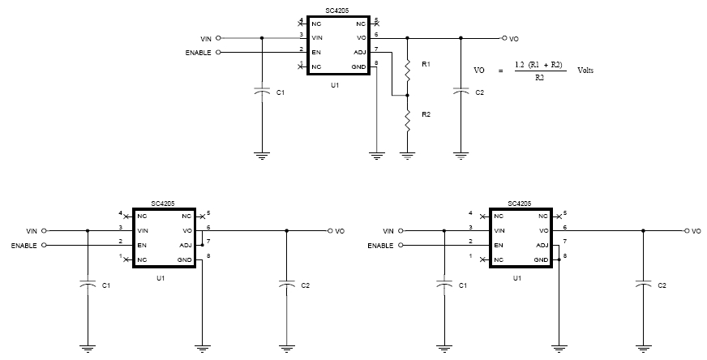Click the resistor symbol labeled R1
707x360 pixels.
point(408,70)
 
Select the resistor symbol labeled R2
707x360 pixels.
point(408,120)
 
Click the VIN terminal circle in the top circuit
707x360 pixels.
point(219,38)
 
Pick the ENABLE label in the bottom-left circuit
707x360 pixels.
point(24,246)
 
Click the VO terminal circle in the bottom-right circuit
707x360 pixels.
point(688,231)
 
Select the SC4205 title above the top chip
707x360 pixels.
point(336,11)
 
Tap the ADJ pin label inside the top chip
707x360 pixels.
point(360,53)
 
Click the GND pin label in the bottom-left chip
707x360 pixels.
point(185,259)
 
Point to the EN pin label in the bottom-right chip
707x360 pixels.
point(499,246)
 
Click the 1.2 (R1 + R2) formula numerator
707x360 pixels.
point(539,65)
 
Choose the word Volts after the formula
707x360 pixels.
point(585,70)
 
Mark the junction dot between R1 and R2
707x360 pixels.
point(408,96)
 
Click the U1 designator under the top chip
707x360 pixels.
point(335,85)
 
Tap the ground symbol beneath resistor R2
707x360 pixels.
point(408,156)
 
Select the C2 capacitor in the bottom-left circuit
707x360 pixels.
point(287,285)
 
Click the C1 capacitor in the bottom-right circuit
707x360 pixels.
point(444,285)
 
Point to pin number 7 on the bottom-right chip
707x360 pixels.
point(565,242)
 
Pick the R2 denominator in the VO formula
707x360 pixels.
point(540,77)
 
